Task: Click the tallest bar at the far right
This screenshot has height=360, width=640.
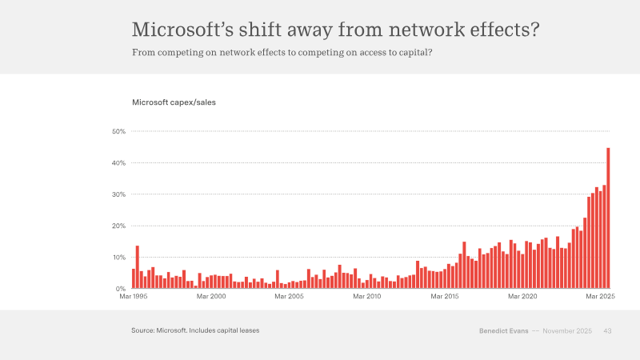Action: point(608,218)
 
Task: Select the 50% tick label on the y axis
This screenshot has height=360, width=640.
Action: point(118,131)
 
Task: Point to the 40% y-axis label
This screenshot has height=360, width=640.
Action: point(118,163)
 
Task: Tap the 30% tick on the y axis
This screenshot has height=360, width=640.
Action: point(118,194)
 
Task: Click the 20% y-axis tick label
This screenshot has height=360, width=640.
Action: point(118,226)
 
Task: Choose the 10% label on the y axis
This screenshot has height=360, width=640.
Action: point(118,257)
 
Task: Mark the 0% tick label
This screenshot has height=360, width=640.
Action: point(121,289)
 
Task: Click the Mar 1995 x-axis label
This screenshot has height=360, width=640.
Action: point(134,296)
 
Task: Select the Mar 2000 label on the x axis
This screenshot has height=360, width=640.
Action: point(211,296)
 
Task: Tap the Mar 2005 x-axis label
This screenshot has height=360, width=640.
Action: point(289,296)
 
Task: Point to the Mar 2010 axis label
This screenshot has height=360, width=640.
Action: point(367,296)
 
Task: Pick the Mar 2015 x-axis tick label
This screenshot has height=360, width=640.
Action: point(445,296)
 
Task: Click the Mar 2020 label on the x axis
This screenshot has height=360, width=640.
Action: point(522,296)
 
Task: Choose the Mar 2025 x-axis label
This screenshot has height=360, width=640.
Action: point(601,296)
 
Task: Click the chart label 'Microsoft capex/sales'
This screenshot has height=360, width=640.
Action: point(174,102)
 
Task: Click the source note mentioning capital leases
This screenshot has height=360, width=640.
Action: point(195,330)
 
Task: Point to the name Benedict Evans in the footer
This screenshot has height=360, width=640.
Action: point(504,331)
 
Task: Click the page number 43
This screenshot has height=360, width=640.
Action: point(607,331)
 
